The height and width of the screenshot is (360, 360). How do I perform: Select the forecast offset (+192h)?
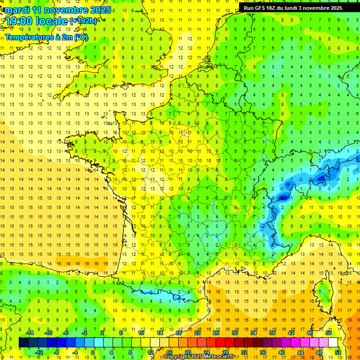point(83,21)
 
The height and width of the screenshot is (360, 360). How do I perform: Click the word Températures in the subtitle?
point(28,37)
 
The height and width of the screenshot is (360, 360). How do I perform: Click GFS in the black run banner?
point(262,8)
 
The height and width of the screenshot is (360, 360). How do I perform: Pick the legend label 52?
point(338,352)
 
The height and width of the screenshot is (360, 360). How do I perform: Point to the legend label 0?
point(93,352)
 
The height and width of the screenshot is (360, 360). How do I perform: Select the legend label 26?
point(216,333)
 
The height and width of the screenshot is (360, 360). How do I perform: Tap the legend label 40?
point(282,352)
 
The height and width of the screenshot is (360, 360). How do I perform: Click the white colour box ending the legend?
point(333,342)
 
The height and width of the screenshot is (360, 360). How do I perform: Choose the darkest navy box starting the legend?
point(24,342)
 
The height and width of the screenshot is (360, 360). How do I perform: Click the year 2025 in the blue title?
point(100,10)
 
